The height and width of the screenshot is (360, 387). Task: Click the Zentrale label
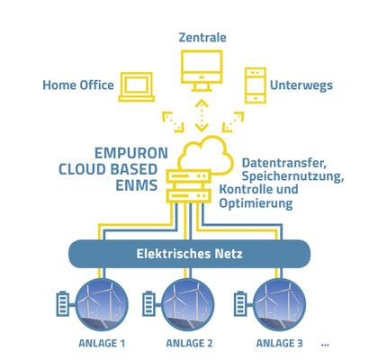[x=202, y=38]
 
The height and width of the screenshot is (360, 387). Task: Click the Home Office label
[x=78, y=85]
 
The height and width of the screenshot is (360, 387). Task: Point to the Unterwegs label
[x=301, y=85]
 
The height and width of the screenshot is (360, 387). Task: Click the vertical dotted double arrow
[x=202, y=115]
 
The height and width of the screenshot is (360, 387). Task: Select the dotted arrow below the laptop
[x=173, y=121]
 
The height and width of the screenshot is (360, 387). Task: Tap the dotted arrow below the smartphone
[x=233, y=121]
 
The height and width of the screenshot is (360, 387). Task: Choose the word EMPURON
[x=131, y=153]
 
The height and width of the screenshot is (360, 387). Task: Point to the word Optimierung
[x=256, y=203]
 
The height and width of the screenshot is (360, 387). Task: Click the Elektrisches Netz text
[x=189, y=254]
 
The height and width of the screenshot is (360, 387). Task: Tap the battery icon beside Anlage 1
[x=63, y=303]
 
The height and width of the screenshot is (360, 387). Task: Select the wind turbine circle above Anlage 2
[x=188, y=304]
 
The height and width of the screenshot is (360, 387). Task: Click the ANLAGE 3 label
[x=279, y=343]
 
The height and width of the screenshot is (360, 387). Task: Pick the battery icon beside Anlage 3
[x=240, y=303]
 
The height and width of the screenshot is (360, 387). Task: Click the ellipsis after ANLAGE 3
[x=325, y=345]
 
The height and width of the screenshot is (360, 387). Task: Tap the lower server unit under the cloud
[x=189, y=196]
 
